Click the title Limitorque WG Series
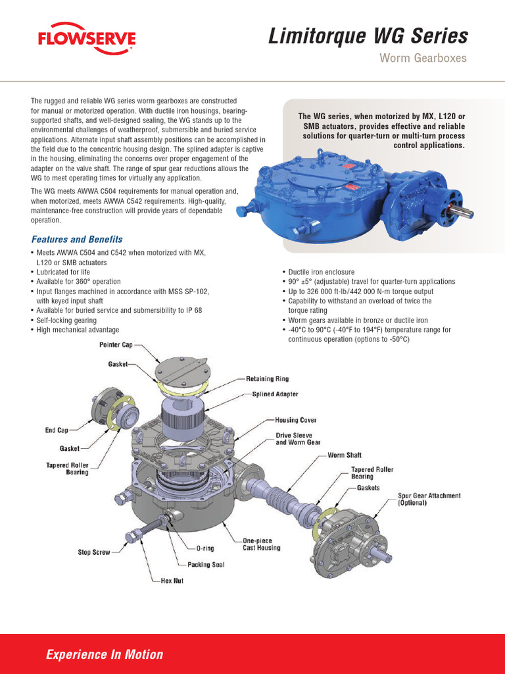pos(368,36)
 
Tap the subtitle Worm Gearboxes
pos(423,59)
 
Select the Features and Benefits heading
pos(77,239)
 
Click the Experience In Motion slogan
pos(105,654)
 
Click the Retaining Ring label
pos(267,379)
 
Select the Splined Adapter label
pos(275,394)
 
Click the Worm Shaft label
pos(345,455)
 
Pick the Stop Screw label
pos(94,552)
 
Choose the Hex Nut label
pos(172,581)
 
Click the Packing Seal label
pos(206,564)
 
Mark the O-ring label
pos(204,548)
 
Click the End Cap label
pos(57,430)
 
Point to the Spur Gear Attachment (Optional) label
pos(429,499)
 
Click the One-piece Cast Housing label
pos(261,544)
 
